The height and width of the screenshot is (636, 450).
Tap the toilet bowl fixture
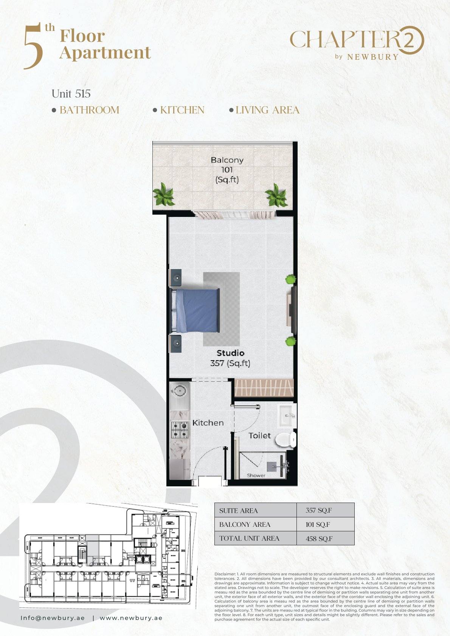pyautogui.click(x=286, y=440)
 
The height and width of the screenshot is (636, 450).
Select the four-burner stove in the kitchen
pyautogui.click(x=180, y=430)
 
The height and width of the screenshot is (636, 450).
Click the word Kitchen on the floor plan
pyautogui.click(x=208, y=423)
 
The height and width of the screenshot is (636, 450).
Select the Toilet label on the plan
pyautogui.click(x=260, y=436)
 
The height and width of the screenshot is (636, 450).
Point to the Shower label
pyautogui.click(x=256, y=475)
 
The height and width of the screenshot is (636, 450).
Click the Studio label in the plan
pyautogui.click(x=230, y=353)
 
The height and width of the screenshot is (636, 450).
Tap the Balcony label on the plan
pyautogui.click(x=227, y=160)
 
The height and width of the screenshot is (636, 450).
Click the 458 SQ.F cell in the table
pyautogui.click(x=319, y=539)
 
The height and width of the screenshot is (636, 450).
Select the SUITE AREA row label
pyautogui.click(x=238, y=511)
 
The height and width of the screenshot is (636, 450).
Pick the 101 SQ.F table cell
pyautogui.click(x=318, y=525)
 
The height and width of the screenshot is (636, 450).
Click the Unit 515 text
pyautogui.click(x=71, y=94)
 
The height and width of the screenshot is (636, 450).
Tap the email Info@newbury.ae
pyautogui.click(x=53, y=618)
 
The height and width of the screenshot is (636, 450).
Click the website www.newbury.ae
pyautogui.click(x=131, y=618)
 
